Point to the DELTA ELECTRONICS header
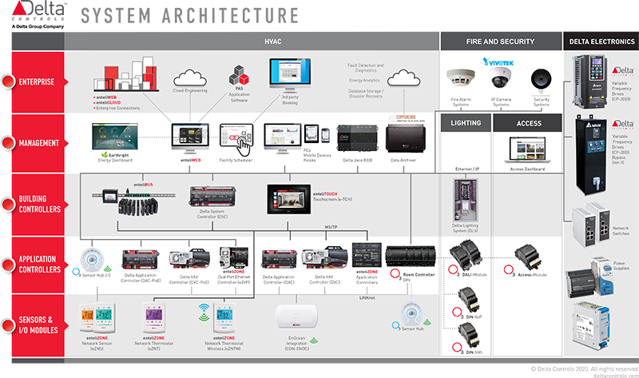coord(600,40)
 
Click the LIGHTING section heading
coord(466,124)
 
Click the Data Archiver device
coord(407,139)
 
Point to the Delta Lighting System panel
coord(464,199)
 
